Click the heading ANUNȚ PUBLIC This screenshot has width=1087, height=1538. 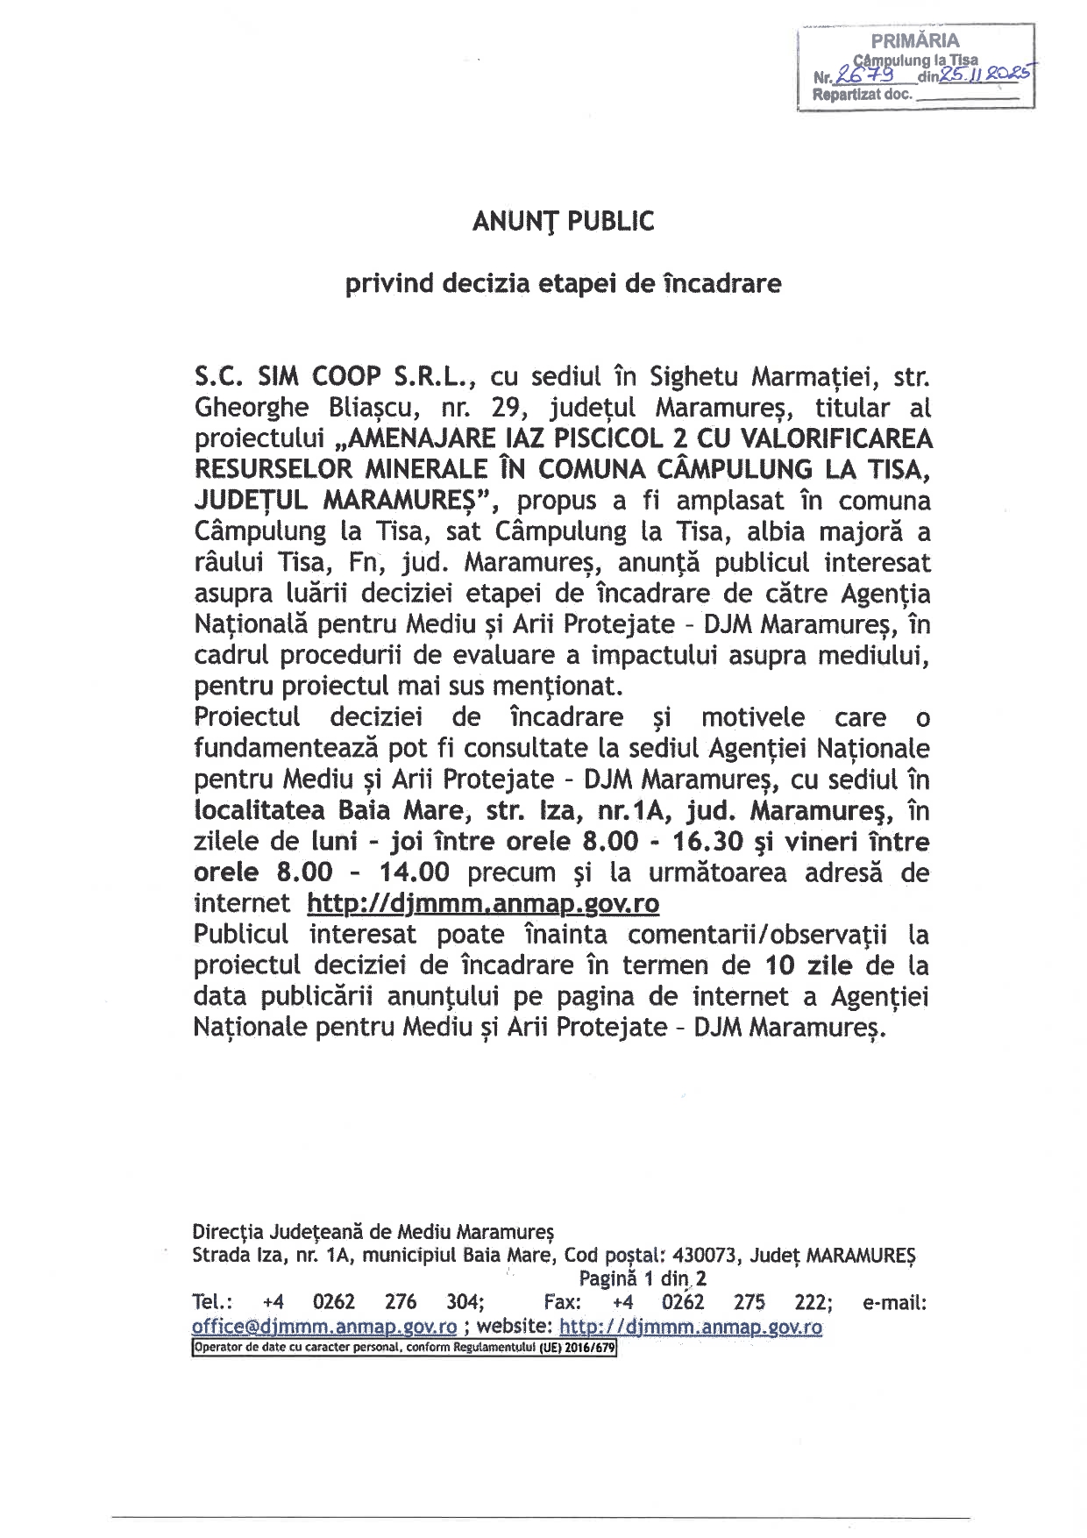point(563,222)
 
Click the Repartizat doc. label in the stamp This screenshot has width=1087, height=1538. point(863,95)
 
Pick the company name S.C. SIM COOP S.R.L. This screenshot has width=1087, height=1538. point(334,377)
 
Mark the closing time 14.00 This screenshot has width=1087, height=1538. point(414,872)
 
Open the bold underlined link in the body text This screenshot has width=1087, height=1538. point(483,904)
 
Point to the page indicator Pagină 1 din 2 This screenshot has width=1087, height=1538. point(643,1278)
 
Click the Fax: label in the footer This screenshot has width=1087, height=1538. point(562,1302)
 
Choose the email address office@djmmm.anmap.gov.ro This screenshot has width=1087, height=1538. point(324,1327)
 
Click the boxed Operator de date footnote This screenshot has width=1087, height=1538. point(404,1348)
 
